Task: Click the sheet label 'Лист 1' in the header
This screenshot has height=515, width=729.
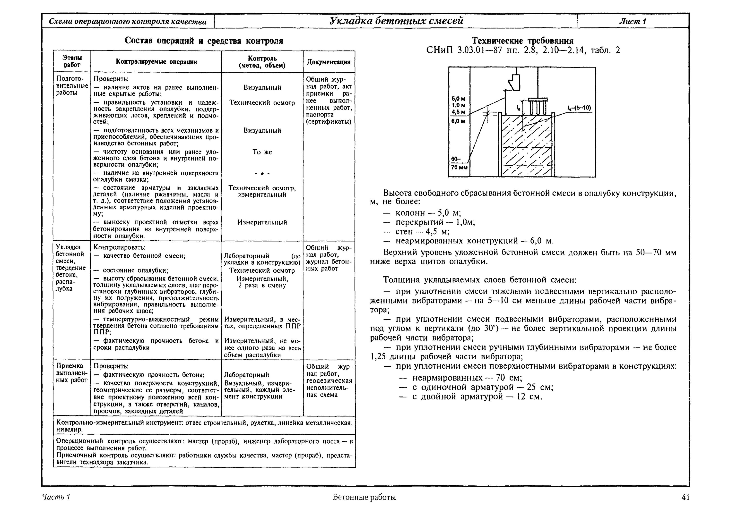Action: pyautogui.click(x=632, y=21)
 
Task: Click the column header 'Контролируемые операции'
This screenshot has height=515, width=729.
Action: pyautogui.click(x=156, y=62)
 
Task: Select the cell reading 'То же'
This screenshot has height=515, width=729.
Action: pyautogui.click(x=262, y=152)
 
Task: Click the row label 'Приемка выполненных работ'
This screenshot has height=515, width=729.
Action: pyautogui.click(x=71, y=373)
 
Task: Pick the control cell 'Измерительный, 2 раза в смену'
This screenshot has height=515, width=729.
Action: pyautogui.click(x=262, y=282)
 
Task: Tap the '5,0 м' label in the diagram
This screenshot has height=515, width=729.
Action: pyautogui.click(x=459, y=99)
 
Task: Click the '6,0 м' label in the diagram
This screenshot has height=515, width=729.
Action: pyautogui.click(x=459, y=121)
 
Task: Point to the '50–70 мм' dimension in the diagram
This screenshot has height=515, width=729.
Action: pyautogui.click(x=459, y=163)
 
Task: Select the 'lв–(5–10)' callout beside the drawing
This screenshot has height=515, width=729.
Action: pyautogui.click(x=579, y=108)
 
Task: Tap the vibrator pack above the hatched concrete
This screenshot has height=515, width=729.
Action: pyautogui.click(x=538, y=107)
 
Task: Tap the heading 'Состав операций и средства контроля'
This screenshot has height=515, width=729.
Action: pyautogui.click(x=204, y=41)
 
